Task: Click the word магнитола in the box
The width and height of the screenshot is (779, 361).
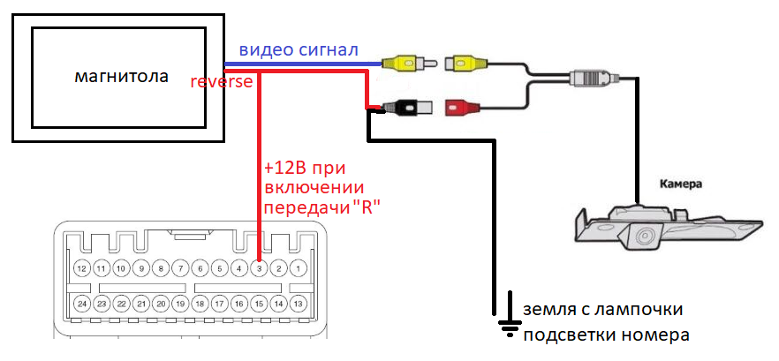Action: tap(121, 77)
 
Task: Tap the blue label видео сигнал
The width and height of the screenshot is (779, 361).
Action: tap(299, 50)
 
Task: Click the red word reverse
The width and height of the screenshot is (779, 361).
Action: tap(222, 82)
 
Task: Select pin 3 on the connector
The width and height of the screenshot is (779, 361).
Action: tap(259, 267)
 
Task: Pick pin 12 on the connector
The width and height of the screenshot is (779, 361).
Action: tap(81, 267)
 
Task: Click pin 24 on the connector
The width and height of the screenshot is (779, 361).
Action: tap(81, 303)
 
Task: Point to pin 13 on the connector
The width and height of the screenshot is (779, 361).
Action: tap(299, 303)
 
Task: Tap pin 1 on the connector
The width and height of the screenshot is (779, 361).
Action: tap(299, 267)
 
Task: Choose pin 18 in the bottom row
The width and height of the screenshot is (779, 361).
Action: tap(200, 303)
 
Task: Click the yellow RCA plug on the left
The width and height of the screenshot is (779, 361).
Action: tap(403, 64)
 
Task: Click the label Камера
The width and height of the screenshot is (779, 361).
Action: tap(681, 185)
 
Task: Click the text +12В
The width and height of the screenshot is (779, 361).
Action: tap(282, 168)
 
